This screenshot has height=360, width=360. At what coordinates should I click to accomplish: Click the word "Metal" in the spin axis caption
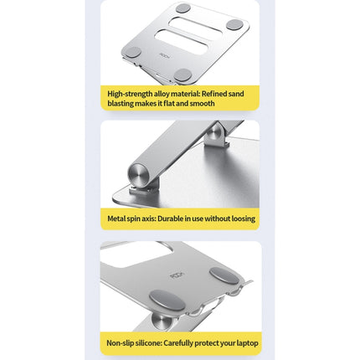(116, 219)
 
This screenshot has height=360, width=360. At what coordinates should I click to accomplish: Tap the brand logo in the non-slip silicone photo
(176, 275)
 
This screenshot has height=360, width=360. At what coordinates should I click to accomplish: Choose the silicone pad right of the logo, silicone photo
(222, 275)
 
